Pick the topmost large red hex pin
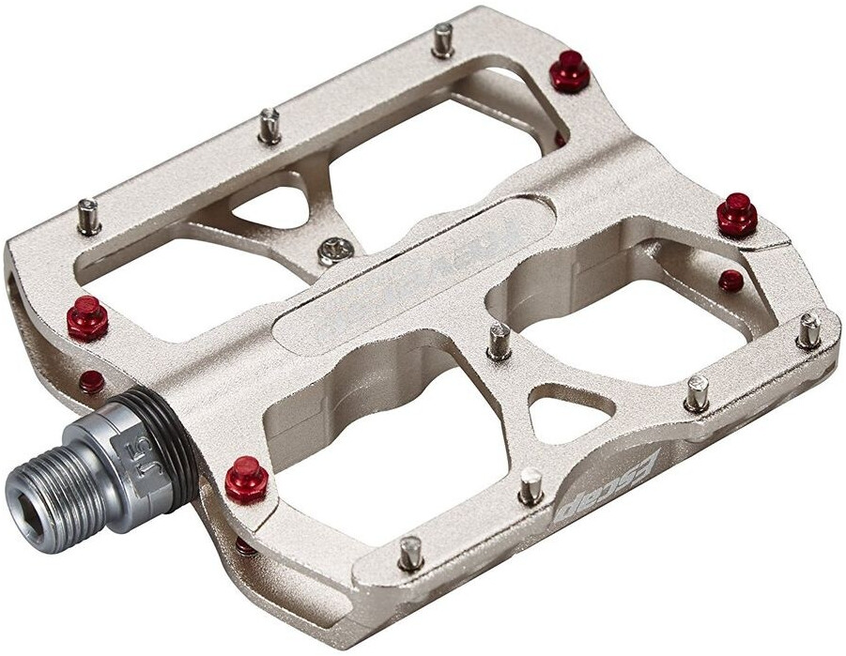[569, 71]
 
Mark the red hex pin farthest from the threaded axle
[737, 214]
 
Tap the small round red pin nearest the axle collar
[91, 382]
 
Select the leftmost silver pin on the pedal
[89, 216]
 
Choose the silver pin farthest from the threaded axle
[808, 329]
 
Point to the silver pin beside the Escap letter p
[531, 484]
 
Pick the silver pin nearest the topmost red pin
[443, 39]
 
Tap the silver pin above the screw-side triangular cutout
[269, 125]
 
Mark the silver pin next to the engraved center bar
[499, 341]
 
